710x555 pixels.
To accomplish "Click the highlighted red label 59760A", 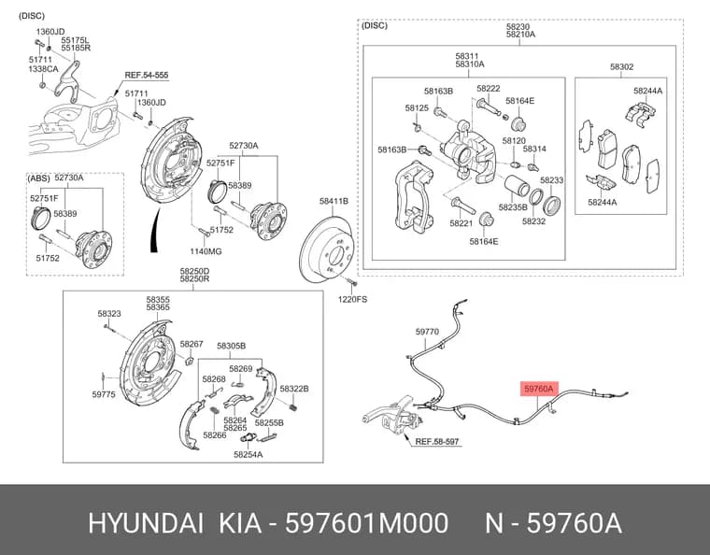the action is point(539,389).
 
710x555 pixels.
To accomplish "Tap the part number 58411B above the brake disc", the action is point(334,201).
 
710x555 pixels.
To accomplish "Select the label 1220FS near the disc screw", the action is point(352,299).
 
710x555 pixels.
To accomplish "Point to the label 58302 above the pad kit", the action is point(621,66).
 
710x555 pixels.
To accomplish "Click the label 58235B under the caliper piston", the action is point(513,207).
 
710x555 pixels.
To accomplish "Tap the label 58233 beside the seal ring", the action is point(551,180).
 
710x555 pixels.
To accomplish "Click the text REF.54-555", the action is point(147,75).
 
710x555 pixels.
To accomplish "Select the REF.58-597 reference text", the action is point(437,441).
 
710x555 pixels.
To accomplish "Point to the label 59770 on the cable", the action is point(427,332).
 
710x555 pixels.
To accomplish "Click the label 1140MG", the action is point(206,251).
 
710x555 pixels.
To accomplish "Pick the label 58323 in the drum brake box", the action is point(109,314).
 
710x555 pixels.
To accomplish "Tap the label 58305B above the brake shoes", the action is point(231,346).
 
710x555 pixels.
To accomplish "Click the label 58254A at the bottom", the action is point(248,454).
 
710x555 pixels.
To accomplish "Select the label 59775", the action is point(104,394).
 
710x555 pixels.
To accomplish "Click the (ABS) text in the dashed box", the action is point(38,178).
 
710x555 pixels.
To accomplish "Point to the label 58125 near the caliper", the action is point(417,108).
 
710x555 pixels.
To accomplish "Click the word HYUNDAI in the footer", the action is point(146,523).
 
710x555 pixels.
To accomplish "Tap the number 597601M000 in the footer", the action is point(366,523).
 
